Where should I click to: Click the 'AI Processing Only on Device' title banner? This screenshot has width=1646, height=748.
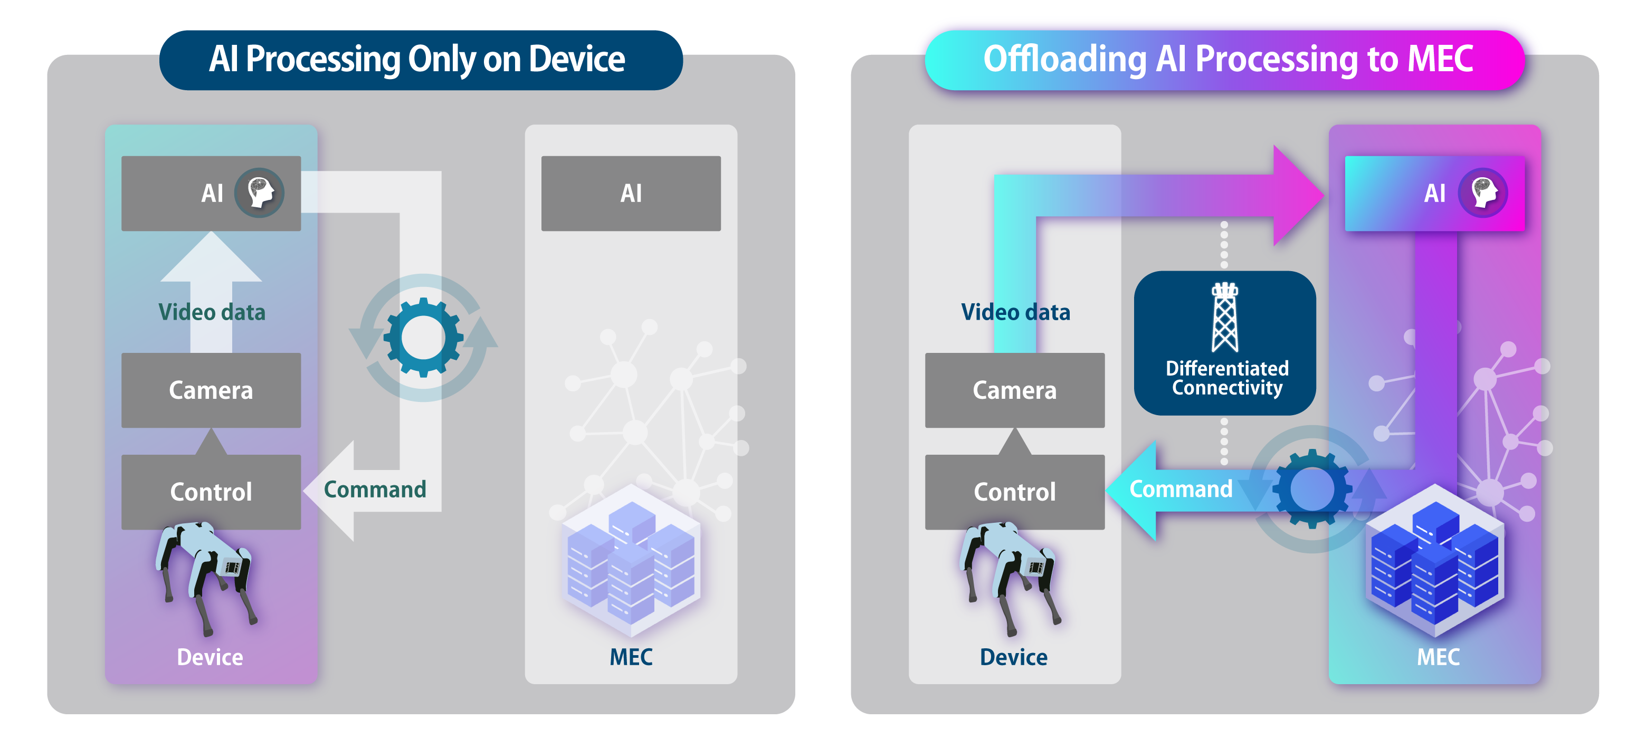click(421, 60)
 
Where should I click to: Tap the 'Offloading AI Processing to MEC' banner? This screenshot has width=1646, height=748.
click(1225, 60)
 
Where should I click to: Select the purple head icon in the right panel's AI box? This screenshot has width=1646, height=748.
click(1483, 192)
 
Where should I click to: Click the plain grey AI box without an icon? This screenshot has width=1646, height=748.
click(631, 193)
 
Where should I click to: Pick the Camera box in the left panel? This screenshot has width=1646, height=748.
click(211, 390)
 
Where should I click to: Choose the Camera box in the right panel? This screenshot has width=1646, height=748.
click(1014, 390)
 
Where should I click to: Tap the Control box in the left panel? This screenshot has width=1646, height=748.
click(211, 492)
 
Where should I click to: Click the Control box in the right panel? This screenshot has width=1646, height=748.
click(1014, 492)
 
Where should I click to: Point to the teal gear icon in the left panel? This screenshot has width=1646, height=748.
click(423, 337)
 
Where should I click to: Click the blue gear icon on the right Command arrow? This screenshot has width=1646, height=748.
click(1312, 488)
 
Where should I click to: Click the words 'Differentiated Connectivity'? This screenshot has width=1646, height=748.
click(1227, 378)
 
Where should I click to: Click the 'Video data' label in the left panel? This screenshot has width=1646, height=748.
click(212, 312)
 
